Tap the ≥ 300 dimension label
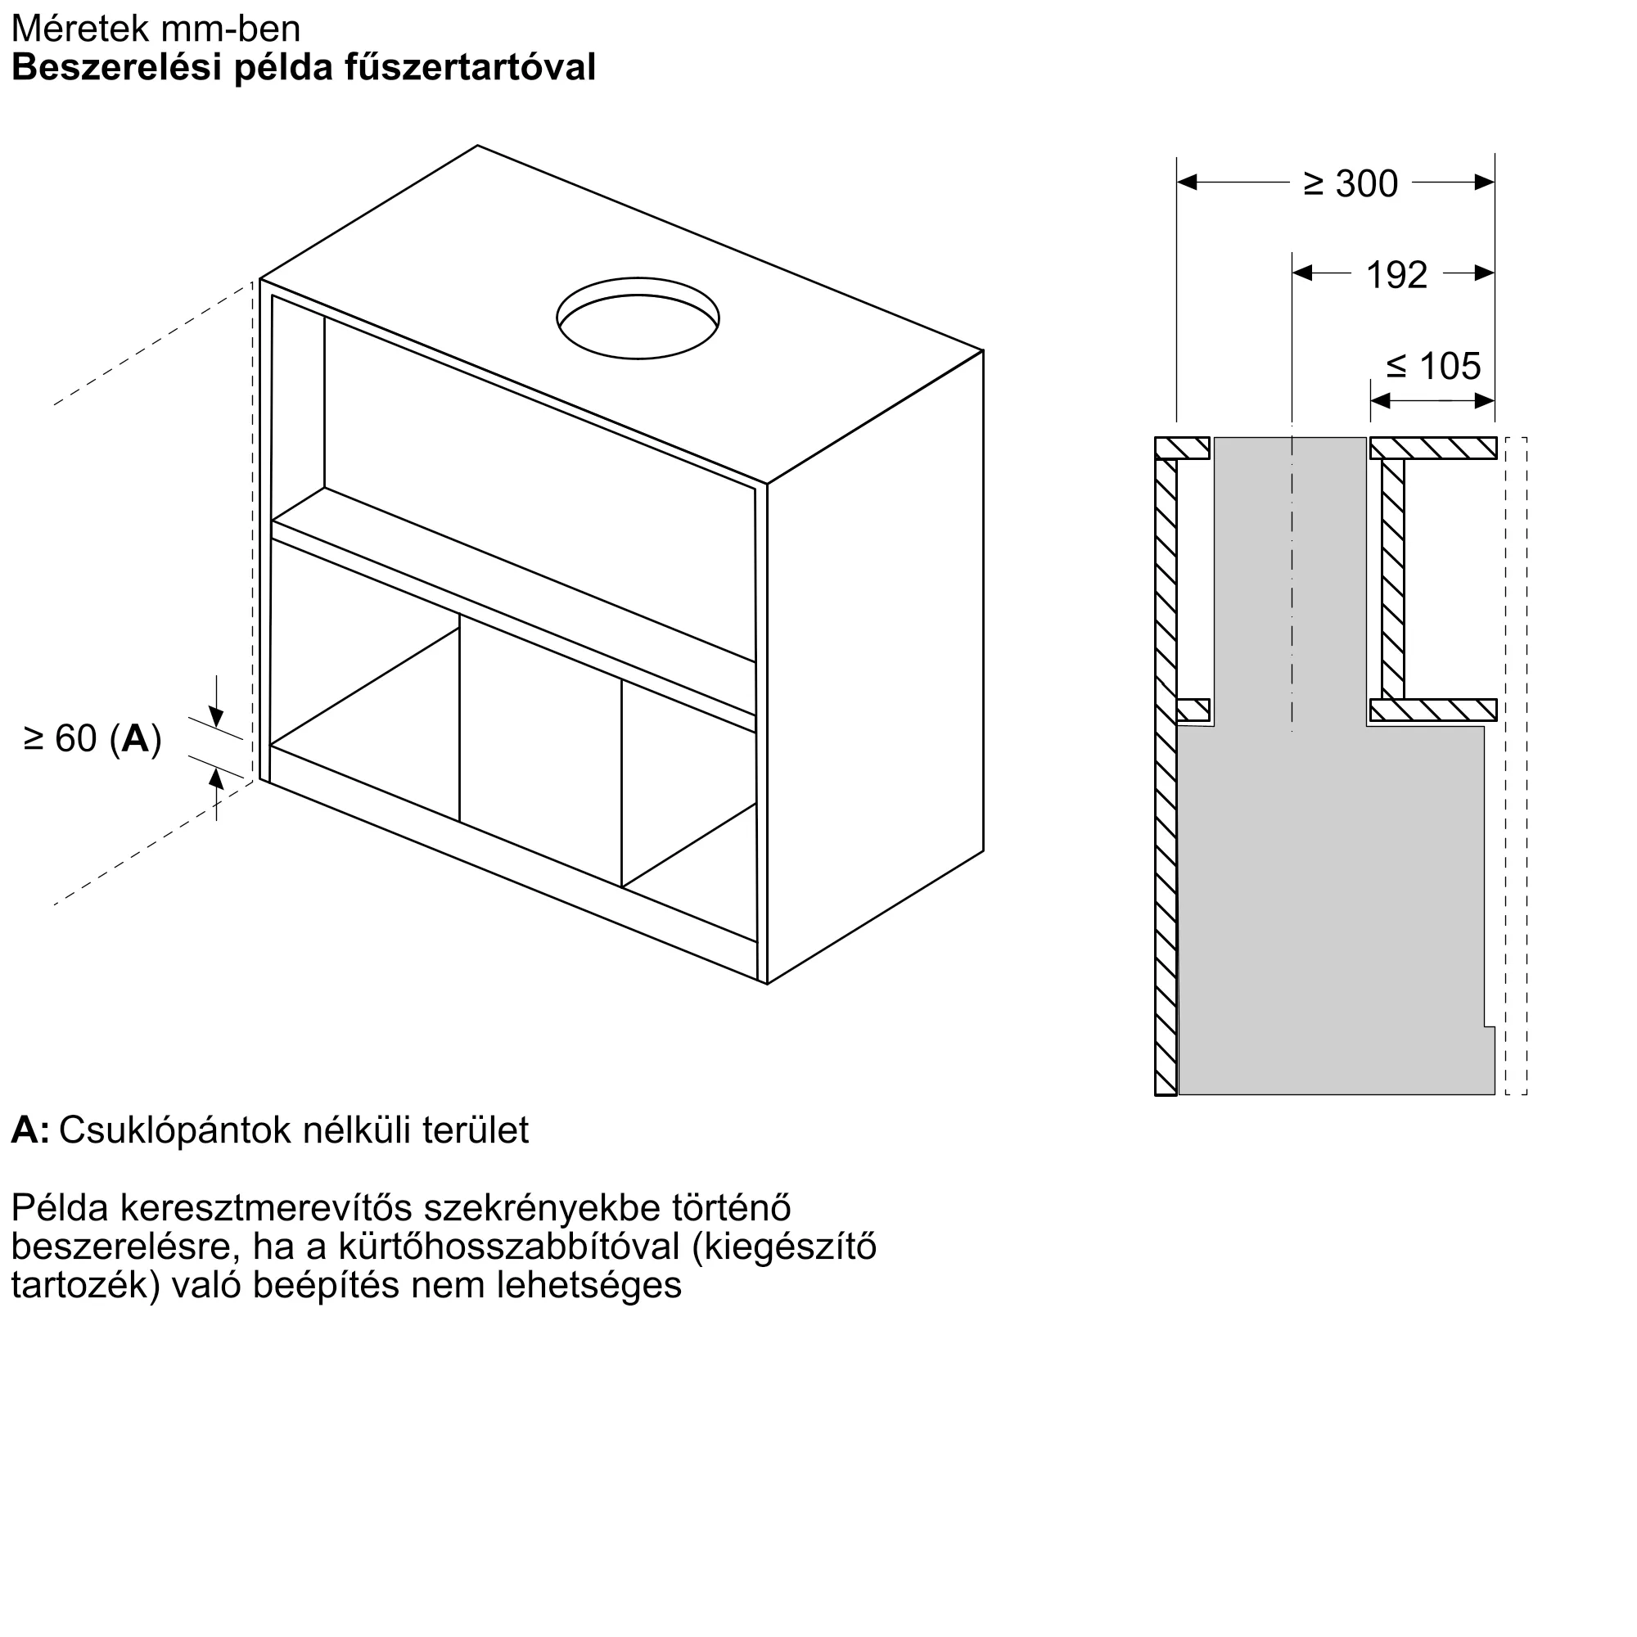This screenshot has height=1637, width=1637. (x=1351, y=184)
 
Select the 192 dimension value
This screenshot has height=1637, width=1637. (x=1397, y=274)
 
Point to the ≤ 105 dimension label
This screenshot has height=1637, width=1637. (x=1434, y=366)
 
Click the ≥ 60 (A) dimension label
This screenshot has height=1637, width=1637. (x=93, y=739)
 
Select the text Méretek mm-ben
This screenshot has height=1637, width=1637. (x=156, y=29)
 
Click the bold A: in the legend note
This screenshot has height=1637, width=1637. (x=29, y=1130)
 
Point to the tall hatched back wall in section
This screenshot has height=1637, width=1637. (x=1166, y=763)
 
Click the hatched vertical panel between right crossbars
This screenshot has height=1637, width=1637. (x=1393, y=579)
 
